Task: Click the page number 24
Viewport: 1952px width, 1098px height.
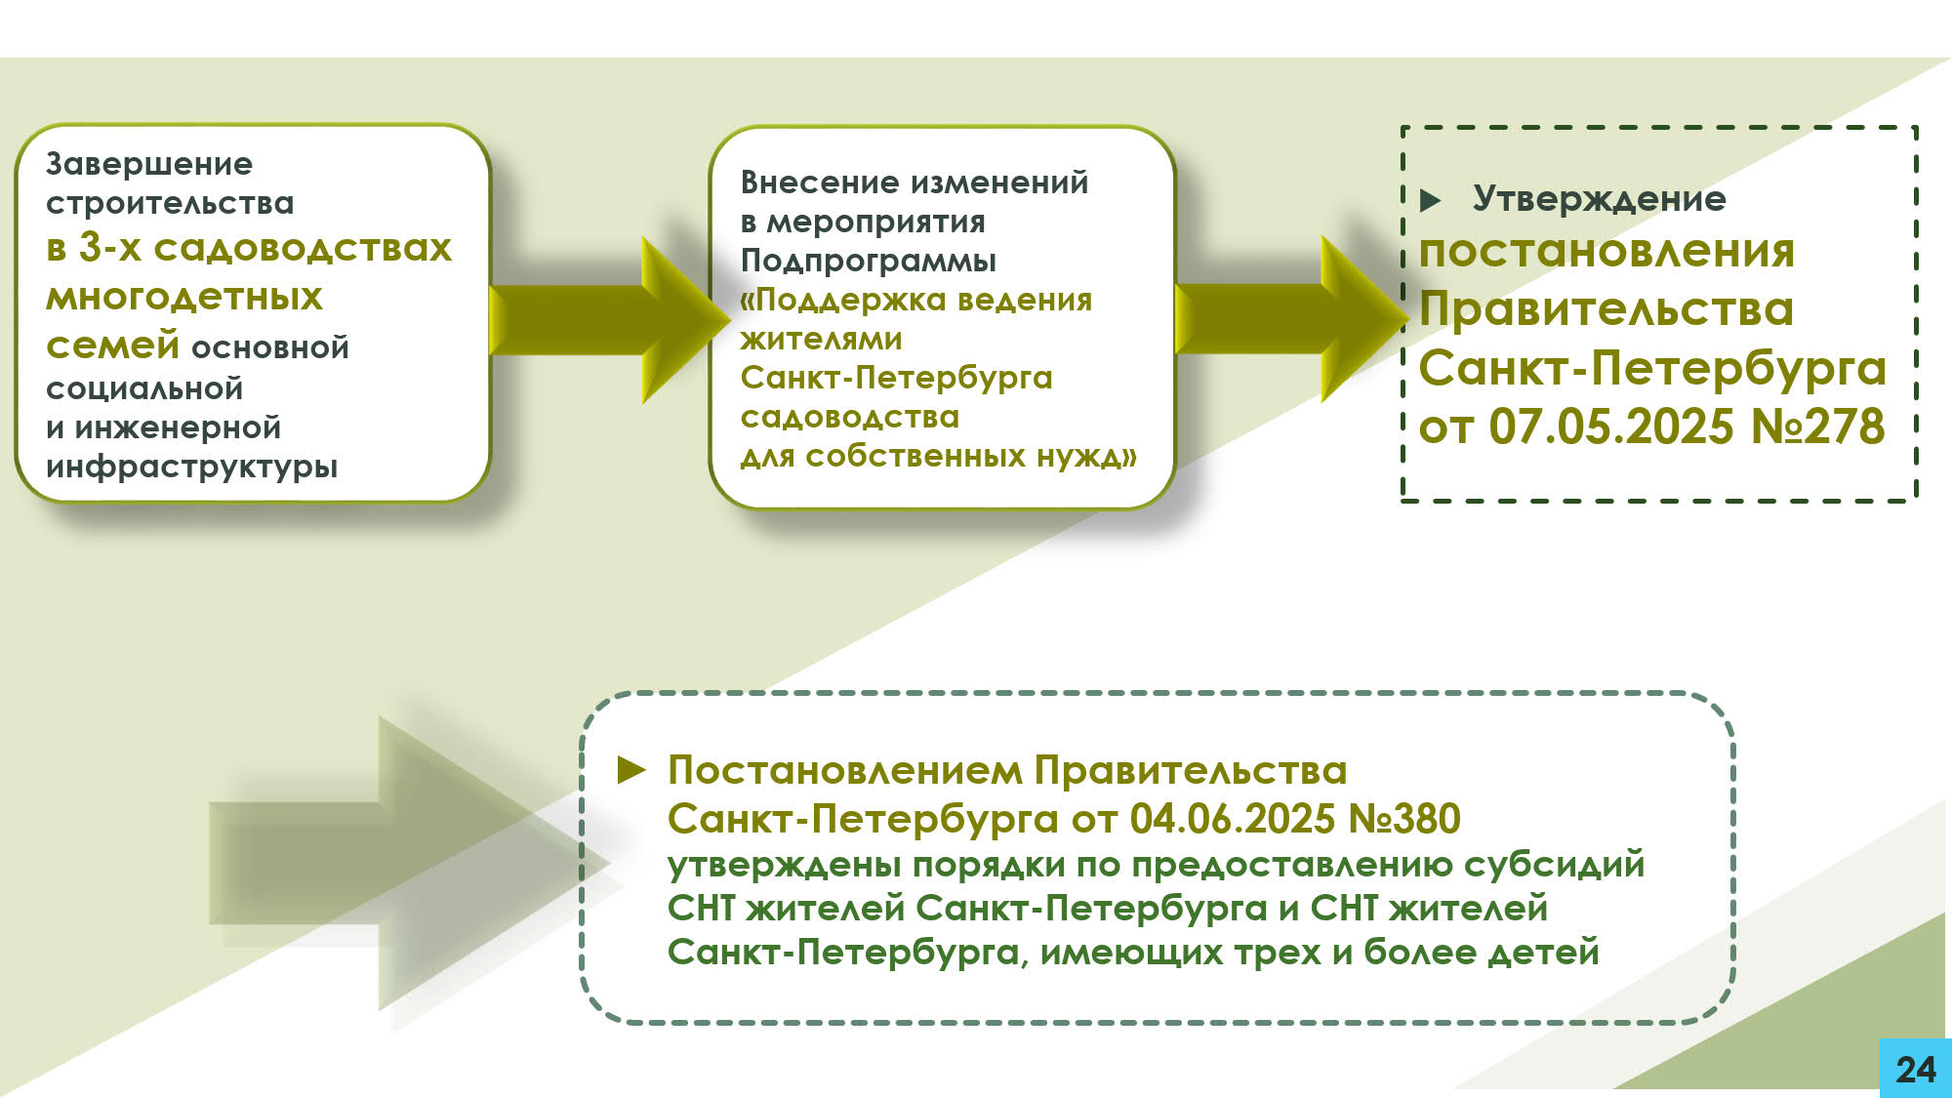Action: (1916, 1070)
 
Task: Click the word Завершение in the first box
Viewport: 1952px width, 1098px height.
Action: (149, 164)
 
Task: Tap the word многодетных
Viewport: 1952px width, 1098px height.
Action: (184, 297)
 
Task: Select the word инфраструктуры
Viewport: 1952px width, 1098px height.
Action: (192, 467)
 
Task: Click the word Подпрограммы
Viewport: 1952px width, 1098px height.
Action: (869, 261)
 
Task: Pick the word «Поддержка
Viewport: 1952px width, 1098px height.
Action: (834, 300)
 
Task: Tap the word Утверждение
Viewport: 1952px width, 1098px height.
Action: (1600, 199)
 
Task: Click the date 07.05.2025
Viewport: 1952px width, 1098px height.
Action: (1611, 427)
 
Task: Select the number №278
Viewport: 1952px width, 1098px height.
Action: (1818, 427)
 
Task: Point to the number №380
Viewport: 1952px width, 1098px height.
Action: (1404, 819)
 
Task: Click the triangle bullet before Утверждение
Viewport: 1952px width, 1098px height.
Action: (1431, 201)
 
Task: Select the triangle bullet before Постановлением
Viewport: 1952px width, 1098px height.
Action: (631, 771)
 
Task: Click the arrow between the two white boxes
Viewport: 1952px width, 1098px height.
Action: (605, 320)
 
